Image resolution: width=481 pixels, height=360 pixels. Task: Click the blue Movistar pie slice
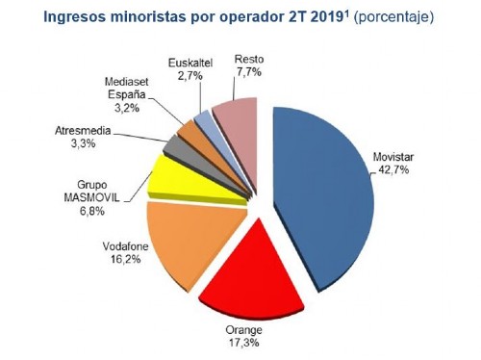(322, 193)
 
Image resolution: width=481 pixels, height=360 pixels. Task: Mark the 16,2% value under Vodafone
(119, 258)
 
